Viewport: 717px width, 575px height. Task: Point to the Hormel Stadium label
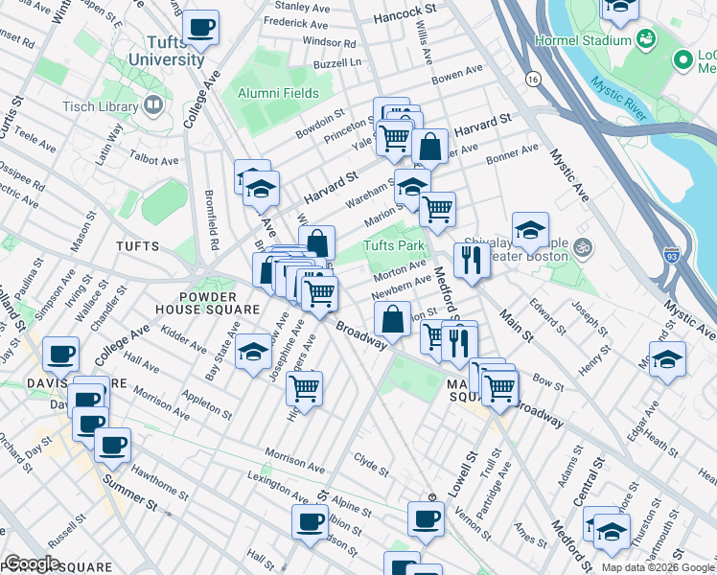(x=594, y=40)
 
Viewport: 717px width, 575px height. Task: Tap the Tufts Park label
(x=393, y=246)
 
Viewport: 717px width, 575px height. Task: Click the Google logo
(x=32, y=563)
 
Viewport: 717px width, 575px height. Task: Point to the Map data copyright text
(x=659, y=567)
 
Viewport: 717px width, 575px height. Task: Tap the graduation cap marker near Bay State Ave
(x=253, y=352)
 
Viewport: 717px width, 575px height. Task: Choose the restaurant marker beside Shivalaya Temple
(x=470, y=259)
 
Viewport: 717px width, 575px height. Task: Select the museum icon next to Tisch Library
(x=153, y=104)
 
